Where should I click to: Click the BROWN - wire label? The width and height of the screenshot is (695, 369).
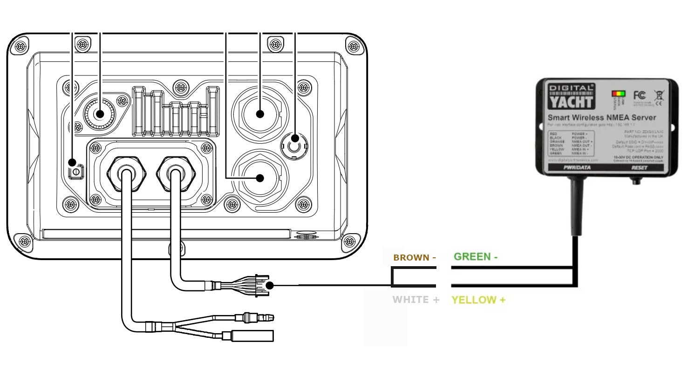point(415,257)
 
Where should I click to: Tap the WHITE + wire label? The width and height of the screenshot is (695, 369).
point(416,300)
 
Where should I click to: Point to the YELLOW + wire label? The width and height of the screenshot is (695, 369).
point(478,300)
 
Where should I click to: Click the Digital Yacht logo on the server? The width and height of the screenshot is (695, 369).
point(571,96)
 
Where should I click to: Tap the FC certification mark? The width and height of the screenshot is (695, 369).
point(639,95)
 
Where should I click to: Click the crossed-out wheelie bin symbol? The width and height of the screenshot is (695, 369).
point(659,95)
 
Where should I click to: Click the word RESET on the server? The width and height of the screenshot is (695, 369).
point(639,167)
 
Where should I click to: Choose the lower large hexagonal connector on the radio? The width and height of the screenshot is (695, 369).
point(260,178)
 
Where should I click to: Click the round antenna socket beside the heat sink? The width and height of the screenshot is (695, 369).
point(100,113)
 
